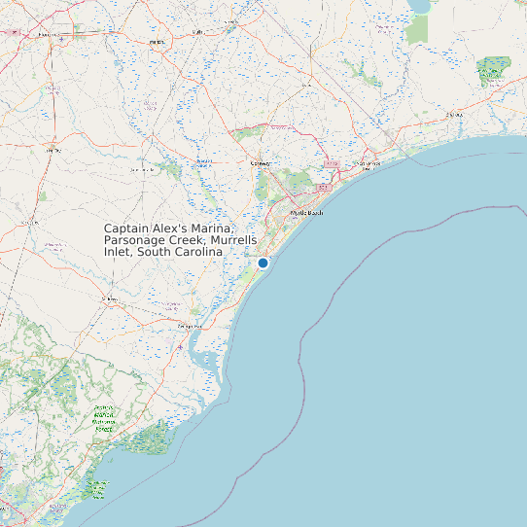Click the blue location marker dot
click(263, 263)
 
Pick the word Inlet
click(117, 251)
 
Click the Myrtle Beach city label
click(306, 212)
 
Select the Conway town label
click(261, 163)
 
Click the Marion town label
click(157, 44)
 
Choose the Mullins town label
click(198, 31)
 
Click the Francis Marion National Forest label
click(104, 417)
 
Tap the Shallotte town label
click(453, 115)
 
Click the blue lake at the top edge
click(420, 6)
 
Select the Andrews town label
click(109, 299)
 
